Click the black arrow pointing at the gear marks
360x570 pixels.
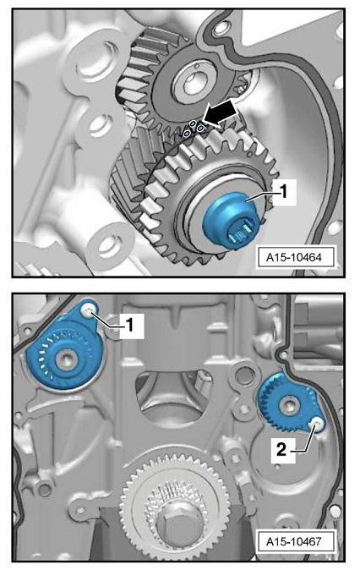[x=221, y=114]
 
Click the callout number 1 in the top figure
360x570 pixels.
[x=283, y=191]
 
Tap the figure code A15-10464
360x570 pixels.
[x=294, y=257]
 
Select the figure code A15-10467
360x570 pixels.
[x=294, y=541]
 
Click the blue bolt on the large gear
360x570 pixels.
[x=229, y=221]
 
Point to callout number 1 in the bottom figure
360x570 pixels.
[x=129, y=326]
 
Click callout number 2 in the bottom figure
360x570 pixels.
[x=281, y=450]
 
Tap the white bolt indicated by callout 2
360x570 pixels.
[x=316, y=423]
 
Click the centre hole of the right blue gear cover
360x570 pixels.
[x=290, y=404]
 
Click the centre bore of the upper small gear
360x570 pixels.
[x=192, y=85]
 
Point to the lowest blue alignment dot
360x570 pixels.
[x=187, y=134]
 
